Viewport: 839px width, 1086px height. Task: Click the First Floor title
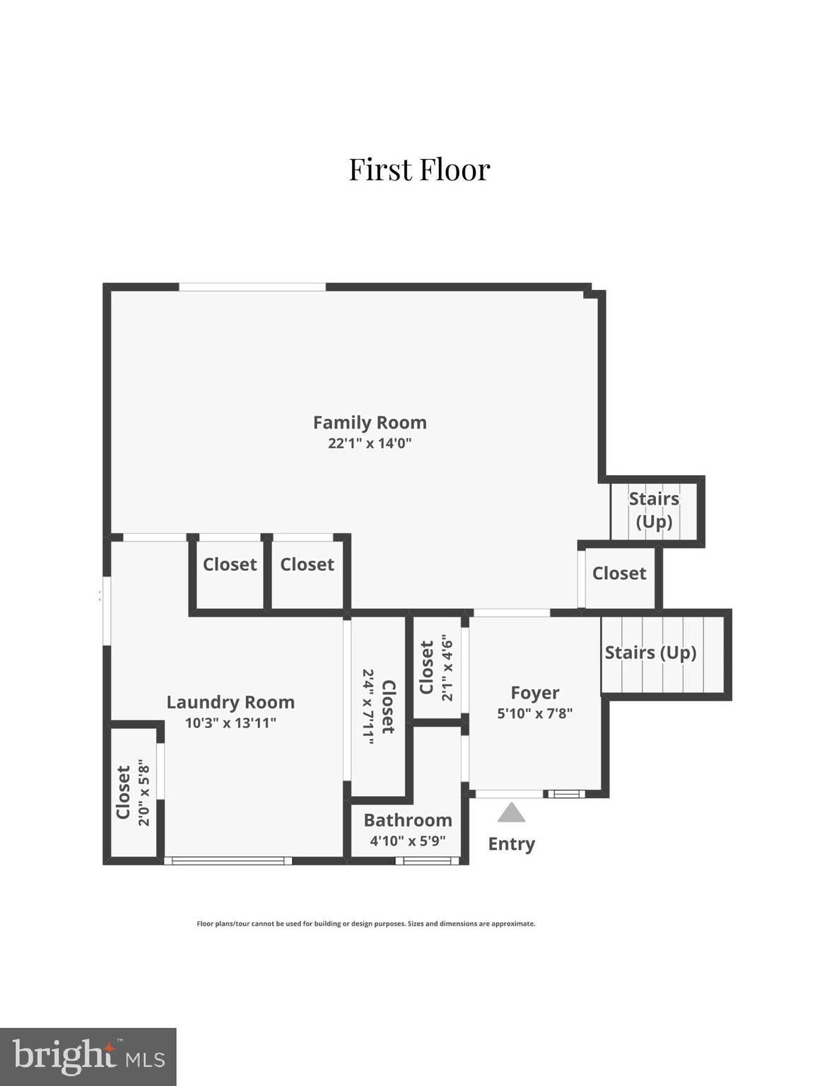coord(419,169)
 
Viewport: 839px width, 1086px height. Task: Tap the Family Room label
coord(370,422)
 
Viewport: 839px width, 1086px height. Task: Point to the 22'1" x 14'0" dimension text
coord(370,443)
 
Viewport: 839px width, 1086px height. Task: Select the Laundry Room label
coord(230,702)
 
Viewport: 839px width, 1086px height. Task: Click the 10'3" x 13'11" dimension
coord(230,723)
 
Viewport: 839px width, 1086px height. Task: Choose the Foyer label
coord(535,693)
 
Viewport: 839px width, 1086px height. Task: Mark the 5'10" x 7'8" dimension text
coord(535,713)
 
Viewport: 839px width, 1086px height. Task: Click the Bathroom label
coord(408,820)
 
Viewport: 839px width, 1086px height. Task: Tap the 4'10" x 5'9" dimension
coord(408,841)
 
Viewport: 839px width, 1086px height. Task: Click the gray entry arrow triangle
coord(512,814)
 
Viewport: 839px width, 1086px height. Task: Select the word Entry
coord(512,844)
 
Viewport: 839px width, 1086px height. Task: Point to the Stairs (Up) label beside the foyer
coord(650,653)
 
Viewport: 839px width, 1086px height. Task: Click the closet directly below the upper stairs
coord(619,573)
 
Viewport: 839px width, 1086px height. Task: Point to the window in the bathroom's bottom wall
coord(427,860)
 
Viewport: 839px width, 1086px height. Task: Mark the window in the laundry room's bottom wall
coord(228,860)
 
